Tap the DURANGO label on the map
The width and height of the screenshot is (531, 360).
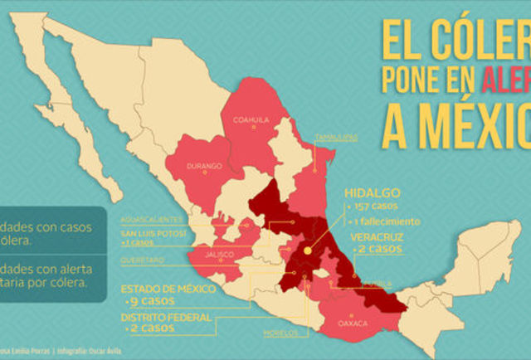coord(204,166)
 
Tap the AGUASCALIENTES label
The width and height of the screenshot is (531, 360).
coord(151,219)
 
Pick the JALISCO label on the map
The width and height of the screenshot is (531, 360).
coord(219,253)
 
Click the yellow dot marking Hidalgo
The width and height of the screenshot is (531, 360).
coord(306,248)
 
